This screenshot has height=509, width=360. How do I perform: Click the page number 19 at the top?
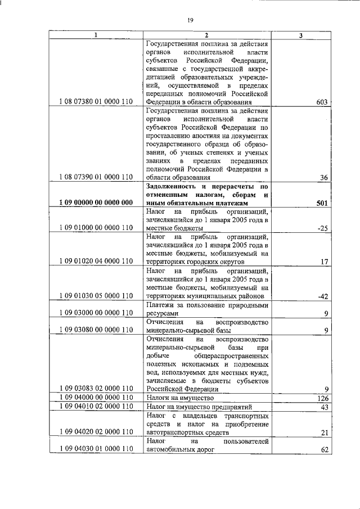click(x=191, y=20)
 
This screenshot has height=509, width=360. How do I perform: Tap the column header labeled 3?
click(x=301, y=36)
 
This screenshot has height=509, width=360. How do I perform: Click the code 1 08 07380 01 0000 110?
click(x=95, y=102)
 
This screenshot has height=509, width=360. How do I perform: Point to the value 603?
click(x=322, y=102)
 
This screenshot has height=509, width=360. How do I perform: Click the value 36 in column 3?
click(x=323, y=177)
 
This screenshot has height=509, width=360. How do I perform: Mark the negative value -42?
click(x=322, y=296)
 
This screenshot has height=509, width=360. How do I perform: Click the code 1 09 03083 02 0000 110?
click(x=95, y=388)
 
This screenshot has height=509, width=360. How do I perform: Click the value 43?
click(x=323, y=407)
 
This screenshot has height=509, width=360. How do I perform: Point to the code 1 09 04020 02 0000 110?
click(x=95, y=432)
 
